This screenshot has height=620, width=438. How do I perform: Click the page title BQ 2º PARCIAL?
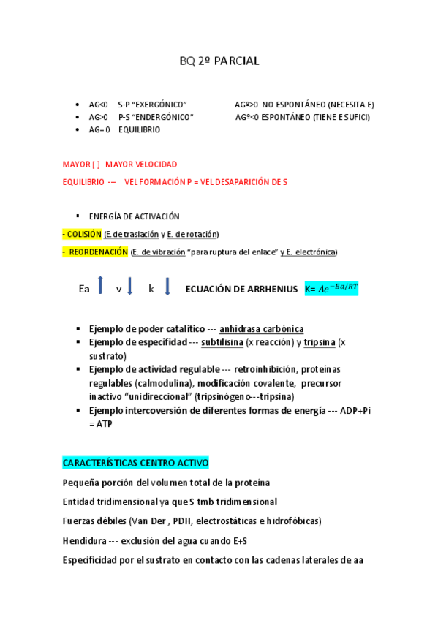(219, 61)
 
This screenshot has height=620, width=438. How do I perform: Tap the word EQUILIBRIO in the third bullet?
(139, 129)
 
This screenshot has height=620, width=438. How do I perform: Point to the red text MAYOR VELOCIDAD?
(141, 165)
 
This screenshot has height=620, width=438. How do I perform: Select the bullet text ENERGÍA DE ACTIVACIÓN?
(134, 216)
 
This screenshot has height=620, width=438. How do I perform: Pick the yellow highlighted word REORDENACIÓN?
(98, 252)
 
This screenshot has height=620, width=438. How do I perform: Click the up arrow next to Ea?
(101, 285)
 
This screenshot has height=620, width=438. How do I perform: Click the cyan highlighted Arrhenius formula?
(331, 288)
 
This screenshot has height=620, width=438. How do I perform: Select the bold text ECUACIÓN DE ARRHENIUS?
(241, 288)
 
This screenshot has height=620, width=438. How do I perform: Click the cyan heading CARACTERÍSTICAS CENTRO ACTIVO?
(136, 463)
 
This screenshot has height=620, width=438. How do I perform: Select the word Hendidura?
(84, 541)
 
